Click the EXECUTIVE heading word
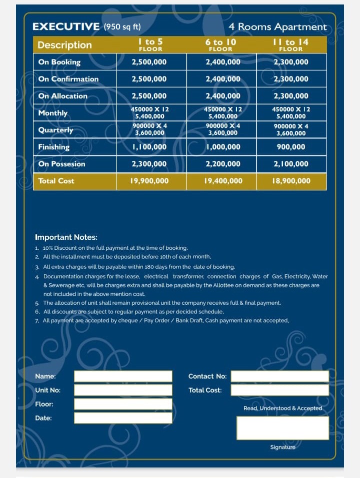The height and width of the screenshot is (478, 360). (x=66, y=27)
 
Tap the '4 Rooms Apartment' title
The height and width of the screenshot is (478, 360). (x=277, y=27)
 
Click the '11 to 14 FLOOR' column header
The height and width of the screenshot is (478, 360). (x=290, y=45)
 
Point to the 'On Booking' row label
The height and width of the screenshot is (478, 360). (x=59, y=62)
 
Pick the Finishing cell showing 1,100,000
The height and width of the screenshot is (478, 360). (x=149, y=147)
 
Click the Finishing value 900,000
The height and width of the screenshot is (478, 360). (x=290, y=147)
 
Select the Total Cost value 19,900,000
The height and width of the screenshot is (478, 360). (x=149, y=181)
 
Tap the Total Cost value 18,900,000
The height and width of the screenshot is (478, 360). (x=290, y=181)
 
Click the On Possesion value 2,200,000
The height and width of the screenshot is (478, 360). (x=222, y=164)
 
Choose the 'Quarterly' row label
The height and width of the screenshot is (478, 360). (x=55, y=130)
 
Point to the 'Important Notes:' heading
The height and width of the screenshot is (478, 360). (x=66, y=237)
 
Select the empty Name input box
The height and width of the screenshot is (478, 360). (x=123, y=376)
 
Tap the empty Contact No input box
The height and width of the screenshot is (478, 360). (x=279, y=376)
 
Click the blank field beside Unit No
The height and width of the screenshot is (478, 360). (x=123, y=390)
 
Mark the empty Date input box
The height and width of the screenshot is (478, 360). (x=123, y=418)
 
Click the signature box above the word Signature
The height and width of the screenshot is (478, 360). (x=282, y=428)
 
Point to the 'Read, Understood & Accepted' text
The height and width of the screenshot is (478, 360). (x=282, y=408)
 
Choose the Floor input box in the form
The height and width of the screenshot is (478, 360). (x=123, y=404)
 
